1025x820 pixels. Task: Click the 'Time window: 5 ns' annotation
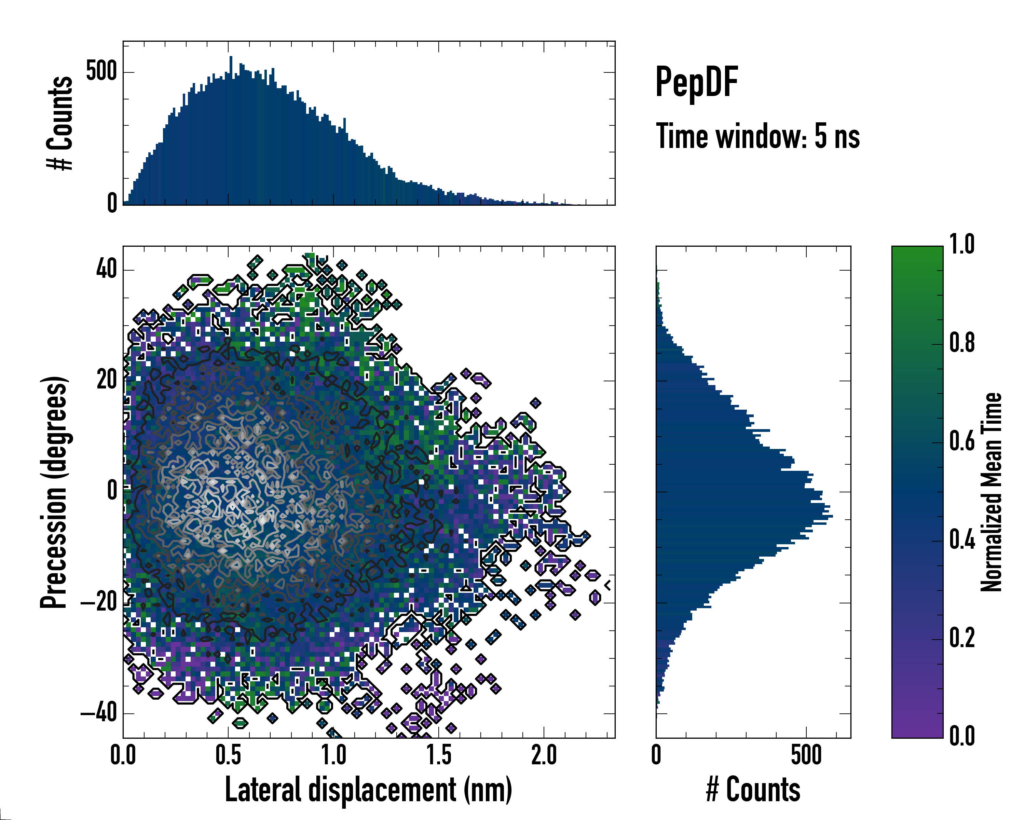point(758,136)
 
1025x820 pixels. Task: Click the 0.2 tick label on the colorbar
point(962,638)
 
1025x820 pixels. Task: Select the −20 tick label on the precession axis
point(99,603)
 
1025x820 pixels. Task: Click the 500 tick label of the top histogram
point(101,72)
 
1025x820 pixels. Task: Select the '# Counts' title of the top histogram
point(60,123)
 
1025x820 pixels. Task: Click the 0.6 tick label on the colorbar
point(962,441)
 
